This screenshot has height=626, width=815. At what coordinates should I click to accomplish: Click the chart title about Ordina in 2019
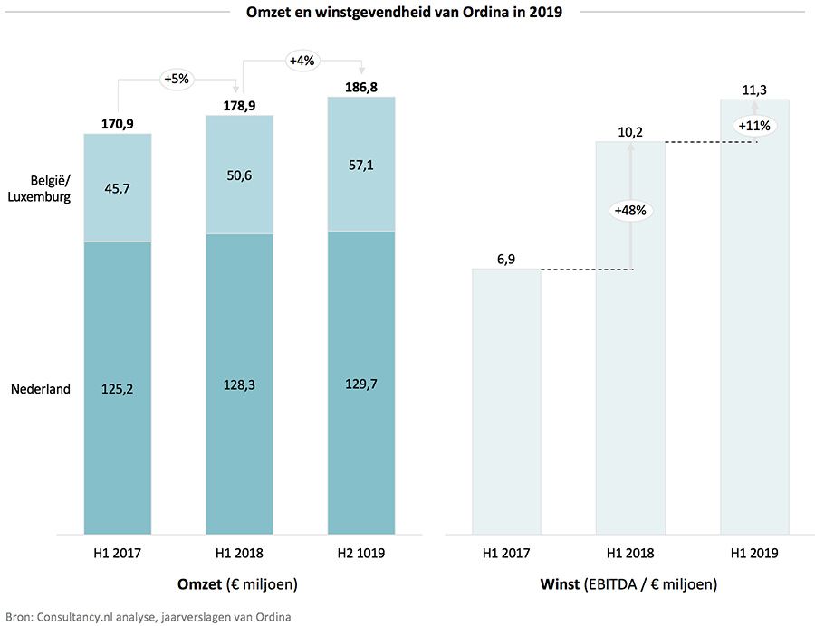pyautogui.click(x=405, y=14)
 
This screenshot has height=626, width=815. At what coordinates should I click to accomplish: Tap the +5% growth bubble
pyautogui.click(x=176, y=79)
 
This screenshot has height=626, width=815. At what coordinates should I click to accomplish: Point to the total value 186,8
pyautogui.click(x=361, y=87)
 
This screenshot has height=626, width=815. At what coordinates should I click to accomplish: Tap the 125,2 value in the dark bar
pyautogui.click(x=117, y=388)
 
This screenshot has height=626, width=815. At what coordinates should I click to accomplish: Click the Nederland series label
pyautogui.click(x=40, y=389)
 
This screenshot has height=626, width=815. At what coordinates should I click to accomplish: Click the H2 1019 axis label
pyautogui.click(x=361, y=552)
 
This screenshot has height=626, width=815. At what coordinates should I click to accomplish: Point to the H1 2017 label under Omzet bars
pyautogui.click(x=117, y=552)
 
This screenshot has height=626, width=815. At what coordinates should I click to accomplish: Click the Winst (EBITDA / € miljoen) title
pyautogui.click(x=629, y=584)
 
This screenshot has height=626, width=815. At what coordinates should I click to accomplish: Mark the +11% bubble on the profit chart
pyautogui.click(x=753, y=126)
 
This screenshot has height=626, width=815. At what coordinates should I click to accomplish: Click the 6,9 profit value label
pyautogui.click(x=506, y=260)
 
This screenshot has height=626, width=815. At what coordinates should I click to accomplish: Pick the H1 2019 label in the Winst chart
pyautogui.click(x=754, y=552)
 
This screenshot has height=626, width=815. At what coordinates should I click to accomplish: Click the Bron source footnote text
pyautogui.click(x=146, y=617)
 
